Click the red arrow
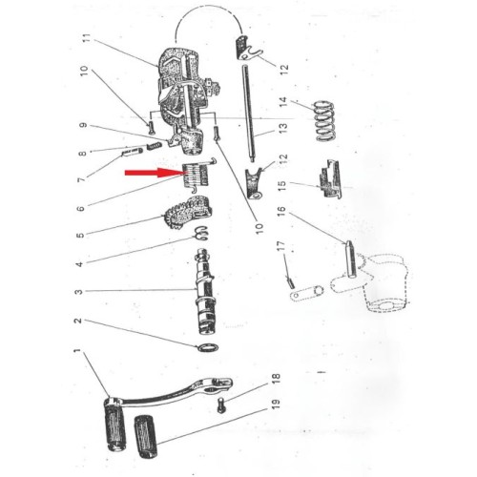click(x=155, y=173)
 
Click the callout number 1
click(x=76, y=351)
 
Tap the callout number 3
click(x=78, y=291)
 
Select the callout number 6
click(x=81, y=208)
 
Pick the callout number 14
click(x=283, y=102)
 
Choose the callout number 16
click(x=281, y=212)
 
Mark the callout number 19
click(x=276, y=404)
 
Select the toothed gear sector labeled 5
click(x=188, y=213)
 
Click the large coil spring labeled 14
click(x=324, y=121)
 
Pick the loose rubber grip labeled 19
click(x=146, y=437)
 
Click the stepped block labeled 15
click(x=330, y=179)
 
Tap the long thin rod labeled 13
click(x=249, y=114)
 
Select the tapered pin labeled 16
click(x=350, y=259)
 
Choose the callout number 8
click(x=82, y=154)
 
